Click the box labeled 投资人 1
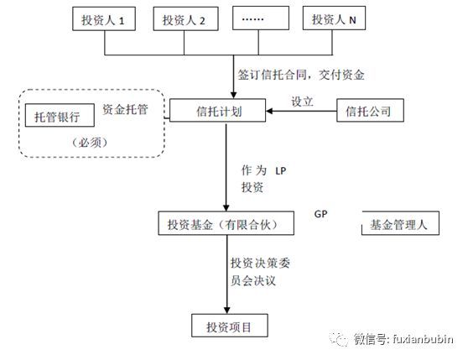[104, 21]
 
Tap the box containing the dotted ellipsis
[256, 21]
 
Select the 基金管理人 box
[399, 225]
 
